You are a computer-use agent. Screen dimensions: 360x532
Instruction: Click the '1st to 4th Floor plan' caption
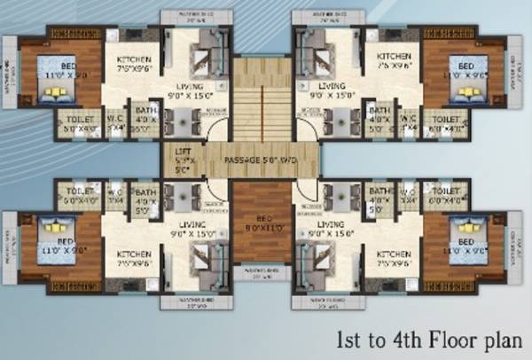433,340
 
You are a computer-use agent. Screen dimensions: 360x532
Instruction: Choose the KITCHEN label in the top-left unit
136,60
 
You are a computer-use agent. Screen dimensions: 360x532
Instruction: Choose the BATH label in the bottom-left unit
145,192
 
